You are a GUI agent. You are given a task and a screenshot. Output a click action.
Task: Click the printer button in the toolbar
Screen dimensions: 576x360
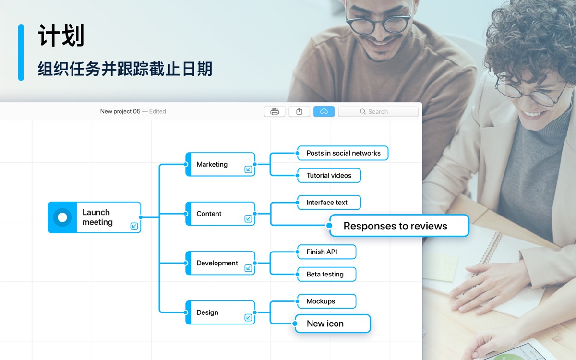click(275, 111)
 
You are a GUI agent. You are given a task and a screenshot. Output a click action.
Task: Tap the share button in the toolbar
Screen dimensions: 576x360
click(299, 111)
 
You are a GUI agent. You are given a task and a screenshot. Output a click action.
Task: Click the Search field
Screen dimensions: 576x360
click(378, 111)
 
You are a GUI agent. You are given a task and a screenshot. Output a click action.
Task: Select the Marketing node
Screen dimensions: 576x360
click(220, 164)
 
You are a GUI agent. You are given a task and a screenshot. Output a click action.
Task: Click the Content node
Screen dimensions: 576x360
click(220, 214)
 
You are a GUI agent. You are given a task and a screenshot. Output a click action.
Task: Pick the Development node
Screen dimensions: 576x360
click(220, 263)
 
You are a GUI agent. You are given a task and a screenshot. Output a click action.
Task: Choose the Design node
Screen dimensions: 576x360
click(220, 312)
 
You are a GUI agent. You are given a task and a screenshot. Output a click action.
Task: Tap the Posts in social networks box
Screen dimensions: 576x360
click(343, 153)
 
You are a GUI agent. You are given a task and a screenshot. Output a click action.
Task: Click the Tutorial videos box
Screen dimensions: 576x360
click(329, 175)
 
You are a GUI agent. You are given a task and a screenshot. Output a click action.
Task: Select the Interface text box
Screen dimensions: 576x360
click(329, 203)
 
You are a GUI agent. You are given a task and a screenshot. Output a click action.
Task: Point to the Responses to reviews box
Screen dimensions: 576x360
click(399, 226)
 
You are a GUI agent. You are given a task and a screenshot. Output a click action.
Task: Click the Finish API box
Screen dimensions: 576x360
click(326, 252)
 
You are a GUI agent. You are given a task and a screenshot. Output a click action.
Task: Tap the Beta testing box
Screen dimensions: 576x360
click(326, 274)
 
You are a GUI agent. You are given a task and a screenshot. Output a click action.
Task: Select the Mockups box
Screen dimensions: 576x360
click(326, 301)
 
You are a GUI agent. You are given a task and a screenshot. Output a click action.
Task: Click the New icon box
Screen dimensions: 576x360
click(333, 324)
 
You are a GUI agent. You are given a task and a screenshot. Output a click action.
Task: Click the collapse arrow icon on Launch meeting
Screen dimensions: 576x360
click(134, 226)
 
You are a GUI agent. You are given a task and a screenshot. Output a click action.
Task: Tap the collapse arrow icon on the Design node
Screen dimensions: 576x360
click(248, 318)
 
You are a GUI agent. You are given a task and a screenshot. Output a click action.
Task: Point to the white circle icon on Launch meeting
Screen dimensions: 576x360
click(62, 217)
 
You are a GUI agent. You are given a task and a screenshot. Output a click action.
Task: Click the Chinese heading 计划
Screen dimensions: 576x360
click(61, 36)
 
